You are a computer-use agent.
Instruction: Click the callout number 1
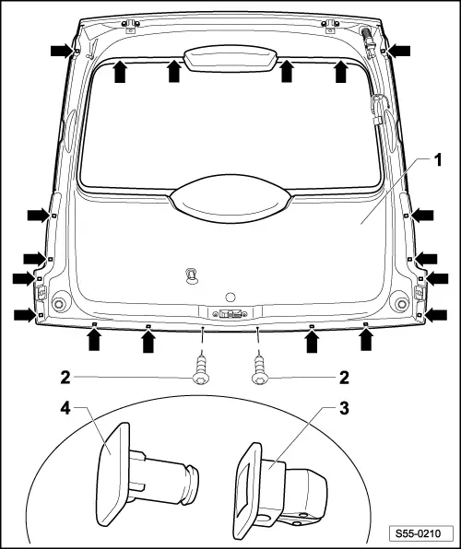(438, 160)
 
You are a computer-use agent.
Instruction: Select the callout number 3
(344, 408)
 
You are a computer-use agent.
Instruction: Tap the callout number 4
(65, 408)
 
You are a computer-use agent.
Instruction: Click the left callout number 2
(65, 378)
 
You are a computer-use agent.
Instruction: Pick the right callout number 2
(344, 378)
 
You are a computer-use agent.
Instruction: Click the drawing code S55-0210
(418, 533)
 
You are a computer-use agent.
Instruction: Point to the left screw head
(201, 379)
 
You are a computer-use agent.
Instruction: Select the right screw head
(260, 379)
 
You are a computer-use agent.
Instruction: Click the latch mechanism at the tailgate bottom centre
(230, 313)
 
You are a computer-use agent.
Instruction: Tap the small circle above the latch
(230, 298)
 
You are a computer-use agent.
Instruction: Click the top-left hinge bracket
(130, 26)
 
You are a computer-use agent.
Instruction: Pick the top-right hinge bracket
(330, 26)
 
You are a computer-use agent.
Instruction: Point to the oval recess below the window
(230, 199)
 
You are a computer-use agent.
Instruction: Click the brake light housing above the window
(230, 58)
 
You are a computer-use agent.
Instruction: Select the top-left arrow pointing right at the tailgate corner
(62, 51)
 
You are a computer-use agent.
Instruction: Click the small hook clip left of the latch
(191, 275)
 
